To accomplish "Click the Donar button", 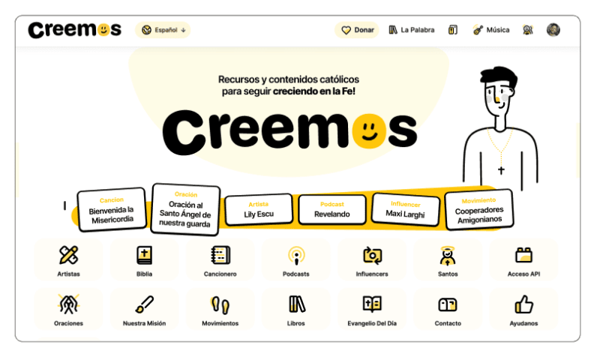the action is [357, 30].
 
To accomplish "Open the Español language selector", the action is [163, 30].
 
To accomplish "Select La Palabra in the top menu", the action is [412, 30].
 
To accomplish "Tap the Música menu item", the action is [490, 30].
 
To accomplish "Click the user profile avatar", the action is [553, 30].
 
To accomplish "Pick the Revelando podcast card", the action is [332, 210].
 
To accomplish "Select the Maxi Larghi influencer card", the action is [406, 209].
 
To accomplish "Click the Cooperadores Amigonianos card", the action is [479, 211].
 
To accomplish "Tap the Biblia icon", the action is [144, 256].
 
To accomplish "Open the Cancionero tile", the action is [220, 256].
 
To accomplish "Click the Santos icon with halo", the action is [448, 256].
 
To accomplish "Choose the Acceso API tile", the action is [523, 256].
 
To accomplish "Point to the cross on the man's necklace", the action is [501, 170].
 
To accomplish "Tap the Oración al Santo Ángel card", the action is [185, 209].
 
